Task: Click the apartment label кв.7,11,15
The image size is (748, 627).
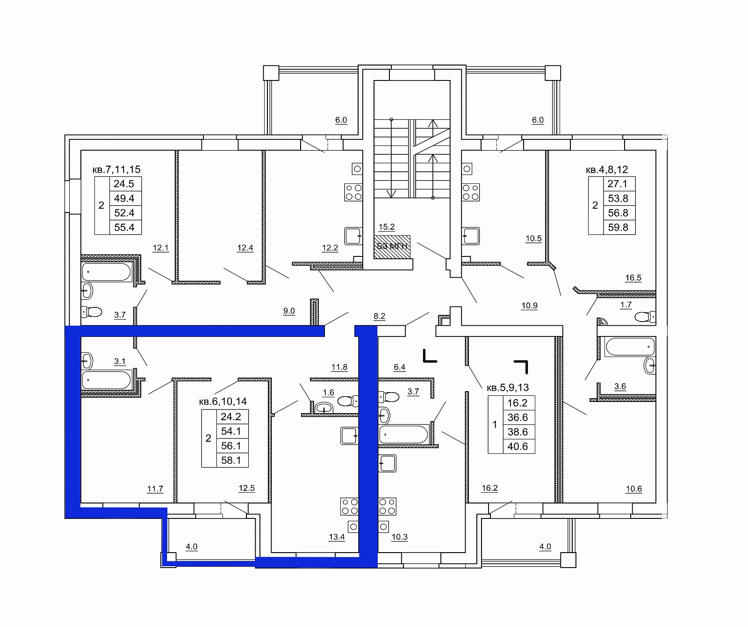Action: (116, 170)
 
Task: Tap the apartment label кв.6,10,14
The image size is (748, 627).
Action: (223, 401)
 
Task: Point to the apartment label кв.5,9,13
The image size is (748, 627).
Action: (508, 388)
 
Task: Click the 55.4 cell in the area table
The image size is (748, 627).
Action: (124, 227)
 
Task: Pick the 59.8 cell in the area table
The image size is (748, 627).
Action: (618, 227)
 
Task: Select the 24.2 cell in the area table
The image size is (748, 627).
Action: (231, 416)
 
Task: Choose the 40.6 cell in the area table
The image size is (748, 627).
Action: (518, 446)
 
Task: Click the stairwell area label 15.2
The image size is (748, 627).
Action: (387, 227)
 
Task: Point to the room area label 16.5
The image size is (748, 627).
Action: (633, 278)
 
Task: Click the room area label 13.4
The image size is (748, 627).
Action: (337, 537)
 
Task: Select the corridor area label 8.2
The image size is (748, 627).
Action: (380, 316)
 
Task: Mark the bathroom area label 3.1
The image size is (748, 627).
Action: (120, 362)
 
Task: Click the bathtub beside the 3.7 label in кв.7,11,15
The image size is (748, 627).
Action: (107, 272)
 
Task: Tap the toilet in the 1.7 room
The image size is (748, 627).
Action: (645, 317)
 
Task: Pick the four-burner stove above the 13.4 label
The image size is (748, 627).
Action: (350, 506)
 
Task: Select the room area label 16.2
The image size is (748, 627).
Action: (489, 488)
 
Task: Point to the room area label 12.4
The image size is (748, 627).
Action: (245, 248)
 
